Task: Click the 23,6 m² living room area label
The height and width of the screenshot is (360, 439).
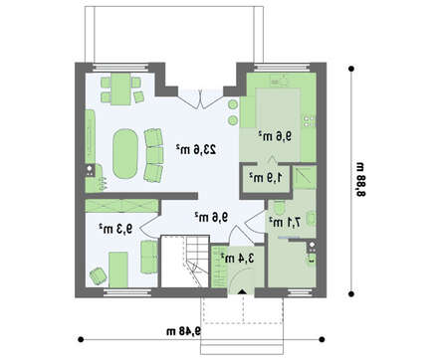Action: coord(196,149)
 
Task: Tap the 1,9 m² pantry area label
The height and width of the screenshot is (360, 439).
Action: coord(266,177)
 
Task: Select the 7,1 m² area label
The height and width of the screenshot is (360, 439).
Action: coord(285,222)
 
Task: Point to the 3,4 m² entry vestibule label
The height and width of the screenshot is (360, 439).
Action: coord(238,258)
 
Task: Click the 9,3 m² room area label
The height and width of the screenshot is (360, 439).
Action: coord(115,229)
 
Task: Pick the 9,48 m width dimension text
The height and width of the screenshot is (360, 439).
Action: coord(184,331)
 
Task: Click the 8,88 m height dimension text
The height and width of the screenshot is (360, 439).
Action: coord(360,179)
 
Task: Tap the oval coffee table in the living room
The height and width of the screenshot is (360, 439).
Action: coord(125,154)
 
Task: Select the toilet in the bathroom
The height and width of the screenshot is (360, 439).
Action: coord(279,208)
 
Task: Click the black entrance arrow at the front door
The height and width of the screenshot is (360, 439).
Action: coord(242,291)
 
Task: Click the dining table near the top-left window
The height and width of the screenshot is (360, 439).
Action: coord(120,89)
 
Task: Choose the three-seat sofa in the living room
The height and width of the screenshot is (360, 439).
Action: coord(154,155)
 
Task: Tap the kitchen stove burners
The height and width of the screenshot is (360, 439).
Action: coord(309,121)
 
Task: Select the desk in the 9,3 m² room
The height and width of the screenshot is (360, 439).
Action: coord(118,270)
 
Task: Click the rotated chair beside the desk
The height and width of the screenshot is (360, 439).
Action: coord(98,275)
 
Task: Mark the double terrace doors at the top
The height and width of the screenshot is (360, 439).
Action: coord(200,98)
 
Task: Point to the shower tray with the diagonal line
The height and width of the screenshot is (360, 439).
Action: coord(305,177)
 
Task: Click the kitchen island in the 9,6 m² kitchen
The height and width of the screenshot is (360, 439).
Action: coord(278,108)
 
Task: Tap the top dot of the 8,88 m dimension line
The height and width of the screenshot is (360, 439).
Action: coord(351,69)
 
